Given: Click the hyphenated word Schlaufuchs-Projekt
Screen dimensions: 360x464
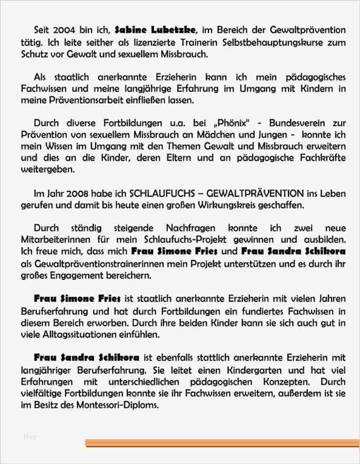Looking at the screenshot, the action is point(179,240).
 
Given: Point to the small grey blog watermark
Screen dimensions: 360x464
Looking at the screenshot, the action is point(30,436).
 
